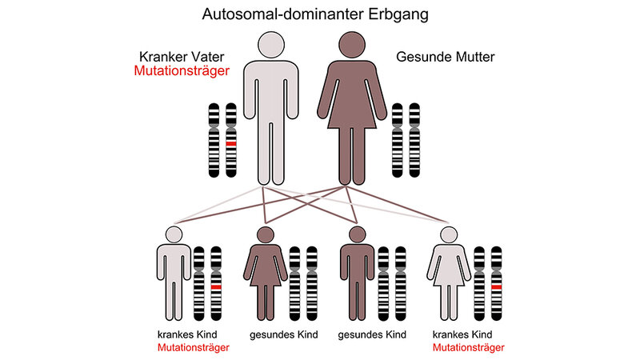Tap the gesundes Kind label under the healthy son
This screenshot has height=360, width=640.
click(x=373, y=334)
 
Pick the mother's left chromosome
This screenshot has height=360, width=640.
click(x=398, y=140)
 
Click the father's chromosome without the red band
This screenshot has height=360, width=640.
click(x=214, y=140)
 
